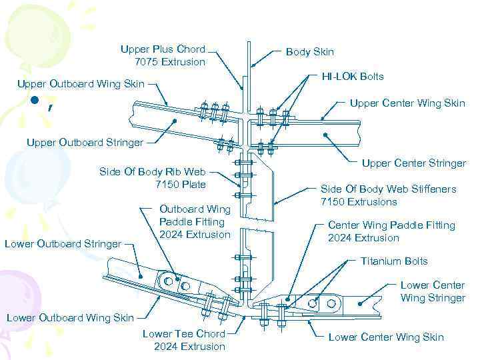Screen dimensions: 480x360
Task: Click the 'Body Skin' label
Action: [309, 52]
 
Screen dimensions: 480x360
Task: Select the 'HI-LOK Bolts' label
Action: [352, 77]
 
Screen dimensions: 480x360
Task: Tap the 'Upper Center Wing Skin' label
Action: [407, 103]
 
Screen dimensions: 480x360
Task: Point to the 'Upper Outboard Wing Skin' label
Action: [80, 84]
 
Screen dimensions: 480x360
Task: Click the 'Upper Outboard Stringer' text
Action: [85, 142]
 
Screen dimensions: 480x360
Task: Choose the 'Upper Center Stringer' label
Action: [413, 163]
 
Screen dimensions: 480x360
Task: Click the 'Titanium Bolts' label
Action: [394, 261]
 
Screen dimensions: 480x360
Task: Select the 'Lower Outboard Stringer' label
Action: [63, 244]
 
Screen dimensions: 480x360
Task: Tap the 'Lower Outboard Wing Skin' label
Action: [70, 318]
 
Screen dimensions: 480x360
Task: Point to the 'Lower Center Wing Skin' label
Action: [385, 337]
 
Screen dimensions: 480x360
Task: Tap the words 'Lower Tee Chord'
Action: [183, 333]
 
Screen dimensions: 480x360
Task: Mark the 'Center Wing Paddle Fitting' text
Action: [391, 225]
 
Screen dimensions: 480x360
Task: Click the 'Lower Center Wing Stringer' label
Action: [432, 291]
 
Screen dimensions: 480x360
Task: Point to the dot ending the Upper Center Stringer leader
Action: [325, 135]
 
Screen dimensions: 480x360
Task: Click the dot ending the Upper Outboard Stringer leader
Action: [175, 121]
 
